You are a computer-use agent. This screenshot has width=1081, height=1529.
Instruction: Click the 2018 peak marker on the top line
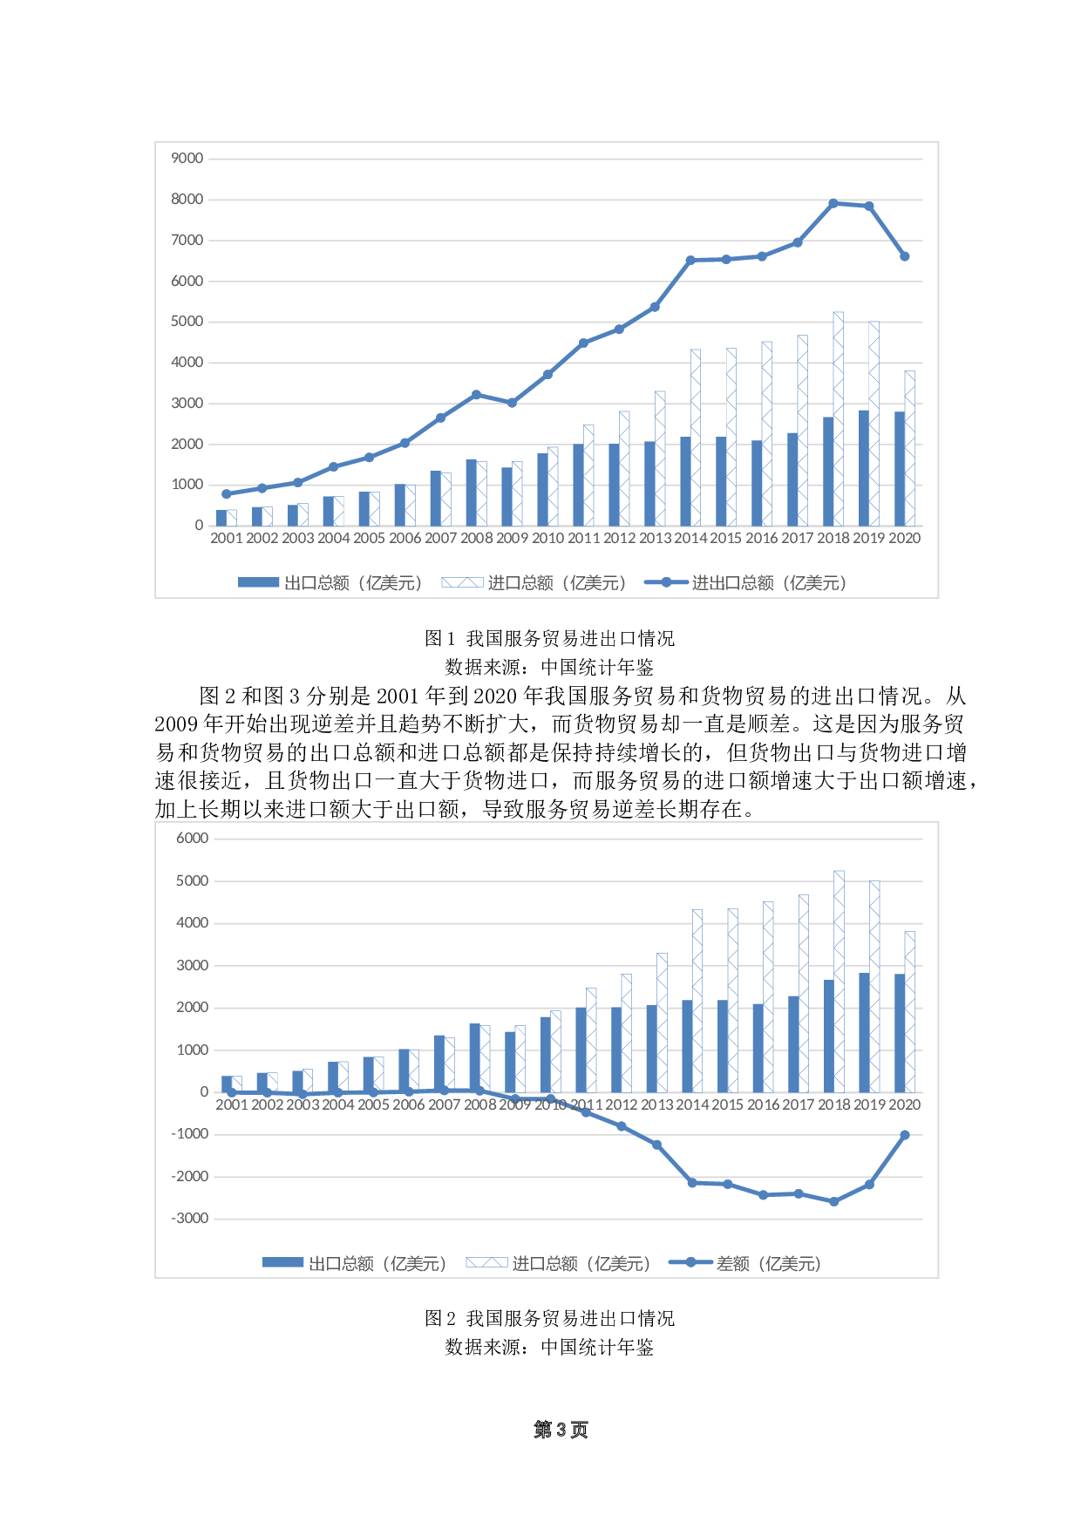coord(833,203)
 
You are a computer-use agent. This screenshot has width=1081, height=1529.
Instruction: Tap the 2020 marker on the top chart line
coord(905,256)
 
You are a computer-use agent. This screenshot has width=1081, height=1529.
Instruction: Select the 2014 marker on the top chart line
coord(690,260)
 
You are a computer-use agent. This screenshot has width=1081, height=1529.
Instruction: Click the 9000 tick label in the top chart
coord(187,159)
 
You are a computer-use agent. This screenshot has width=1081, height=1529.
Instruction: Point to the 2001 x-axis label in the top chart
coord(226,539)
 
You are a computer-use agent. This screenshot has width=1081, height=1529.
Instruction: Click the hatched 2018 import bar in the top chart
coord(839,418)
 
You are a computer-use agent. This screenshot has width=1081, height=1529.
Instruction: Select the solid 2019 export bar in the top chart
coord(863,468)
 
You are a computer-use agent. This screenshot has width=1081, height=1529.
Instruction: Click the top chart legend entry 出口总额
coord(331,583)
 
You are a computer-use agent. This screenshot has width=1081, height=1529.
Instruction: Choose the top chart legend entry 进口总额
coord(534,583)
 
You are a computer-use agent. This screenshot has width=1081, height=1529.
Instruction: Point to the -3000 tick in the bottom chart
coord(190,1219)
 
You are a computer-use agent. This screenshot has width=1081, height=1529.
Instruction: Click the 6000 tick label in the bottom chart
coord(192,839)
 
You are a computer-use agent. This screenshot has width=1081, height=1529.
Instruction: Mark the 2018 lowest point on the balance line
coord(834,1201)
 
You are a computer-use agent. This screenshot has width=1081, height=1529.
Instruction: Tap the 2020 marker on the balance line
coord(905,1135)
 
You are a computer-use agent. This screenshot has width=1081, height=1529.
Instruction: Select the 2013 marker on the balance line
coord(656,1145)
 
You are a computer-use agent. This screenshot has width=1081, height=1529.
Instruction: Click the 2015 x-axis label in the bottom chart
coord(727,1105)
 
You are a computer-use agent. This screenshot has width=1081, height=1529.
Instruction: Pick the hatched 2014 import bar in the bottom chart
coord(697,1001)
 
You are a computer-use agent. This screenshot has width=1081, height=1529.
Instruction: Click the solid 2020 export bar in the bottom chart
coord(900,1033)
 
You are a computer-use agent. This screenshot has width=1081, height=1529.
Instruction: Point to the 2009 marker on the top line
coord(512,403)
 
